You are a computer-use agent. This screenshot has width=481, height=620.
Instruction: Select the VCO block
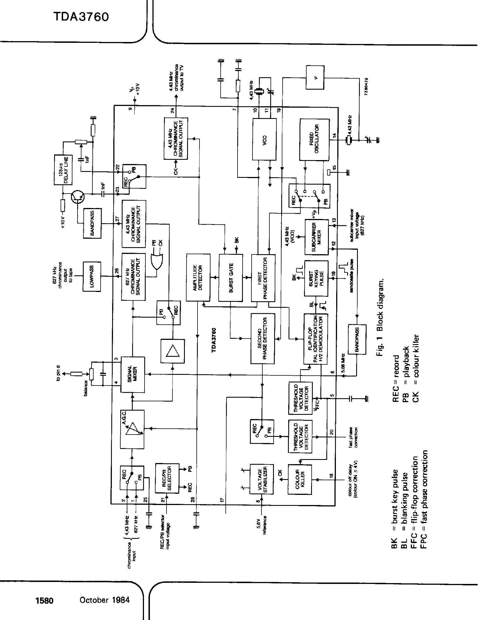[x=264, y=139]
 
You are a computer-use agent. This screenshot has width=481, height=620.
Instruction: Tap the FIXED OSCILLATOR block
[x=314, y=140]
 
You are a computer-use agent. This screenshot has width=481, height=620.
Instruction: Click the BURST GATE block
[x=231, y=278]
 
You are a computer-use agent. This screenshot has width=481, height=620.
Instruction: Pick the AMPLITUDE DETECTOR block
[x=198, y=278]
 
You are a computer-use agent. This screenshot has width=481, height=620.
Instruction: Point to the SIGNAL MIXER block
[x=133, y=375]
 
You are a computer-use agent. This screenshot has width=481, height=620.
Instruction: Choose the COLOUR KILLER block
[x=300, y=479]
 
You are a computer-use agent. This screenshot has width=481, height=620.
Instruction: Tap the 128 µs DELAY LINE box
[x=63, y=170]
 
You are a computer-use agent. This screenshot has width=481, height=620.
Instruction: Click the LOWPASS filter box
[x=92, y=276]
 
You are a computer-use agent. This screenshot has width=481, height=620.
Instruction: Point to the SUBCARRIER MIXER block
[x=316, y=237]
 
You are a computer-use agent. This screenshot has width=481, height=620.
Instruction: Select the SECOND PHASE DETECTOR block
[x=263, y=338]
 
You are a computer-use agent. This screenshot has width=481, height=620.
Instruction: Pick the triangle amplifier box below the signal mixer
[x=172, y=351]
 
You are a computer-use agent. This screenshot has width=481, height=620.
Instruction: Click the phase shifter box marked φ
[x=315, y=77]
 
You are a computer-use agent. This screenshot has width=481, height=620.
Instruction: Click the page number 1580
[x=44, y=600]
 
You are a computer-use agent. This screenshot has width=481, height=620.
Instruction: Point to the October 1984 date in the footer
[x=105, y=600]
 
